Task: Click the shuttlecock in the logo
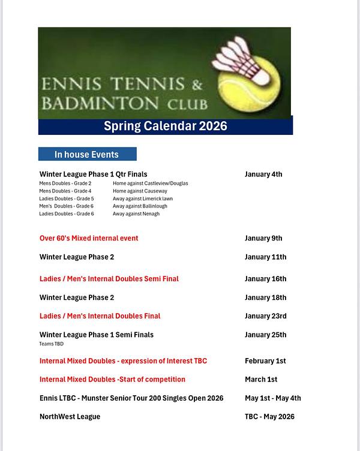243,60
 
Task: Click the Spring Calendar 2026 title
166,126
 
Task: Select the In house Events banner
87,154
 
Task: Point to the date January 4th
263,175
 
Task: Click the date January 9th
263,238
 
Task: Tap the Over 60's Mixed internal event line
89,238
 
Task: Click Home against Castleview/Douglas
150,184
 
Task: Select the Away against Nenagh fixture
136,214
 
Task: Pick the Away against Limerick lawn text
142,199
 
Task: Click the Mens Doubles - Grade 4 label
65,191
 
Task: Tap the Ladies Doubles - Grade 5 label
67,199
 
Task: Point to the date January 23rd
265,316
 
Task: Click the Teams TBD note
51,344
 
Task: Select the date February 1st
265,361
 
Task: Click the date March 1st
261,379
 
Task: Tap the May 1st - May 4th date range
272,398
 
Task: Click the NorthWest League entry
70,416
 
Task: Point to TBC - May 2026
269,416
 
